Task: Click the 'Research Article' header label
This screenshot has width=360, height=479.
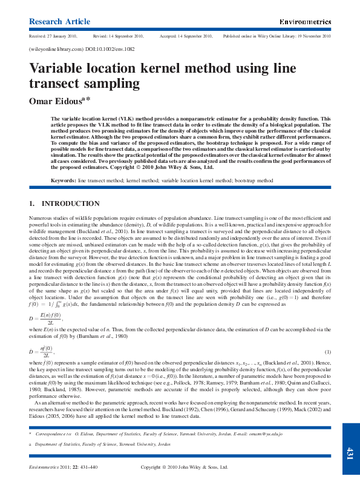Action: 56,22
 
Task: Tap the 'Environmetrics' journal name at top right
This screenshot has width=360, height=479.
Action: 304,22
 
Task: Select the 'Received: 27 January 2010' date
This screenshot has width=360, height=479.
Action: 53,36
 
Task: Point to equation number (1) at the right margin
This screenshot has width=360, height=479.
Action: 328,351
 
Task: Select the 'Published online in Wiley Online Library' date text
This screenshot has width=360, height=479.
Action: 277,36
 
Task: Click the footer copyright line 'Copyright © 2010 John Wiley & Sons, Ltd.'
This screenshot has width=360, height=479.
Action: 184,467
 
